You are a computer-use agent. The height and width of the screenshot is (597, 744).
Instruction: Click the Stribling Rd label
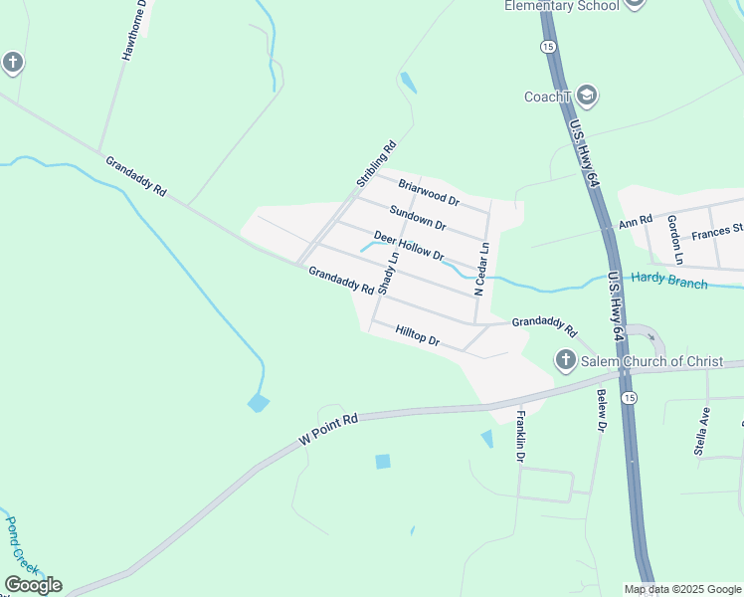point(376,165)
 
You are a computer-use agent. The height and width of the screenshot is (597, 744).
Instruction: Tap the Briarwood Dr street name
point(428,191)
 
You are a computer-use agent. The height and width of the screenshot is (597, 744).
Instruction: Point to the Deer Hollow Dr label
point(408,246)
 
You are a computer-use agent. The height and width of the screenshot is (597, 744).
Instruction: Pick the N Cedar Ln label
point(481,269)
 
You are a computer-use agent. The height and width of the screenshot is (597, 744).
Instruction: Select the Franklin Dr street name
point(519,437)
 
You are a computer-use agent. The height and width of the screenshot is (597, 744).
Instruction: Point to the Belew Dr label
point(601,411)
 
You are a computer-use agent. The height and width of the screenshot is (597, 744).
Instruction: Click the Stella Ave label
point(702,430)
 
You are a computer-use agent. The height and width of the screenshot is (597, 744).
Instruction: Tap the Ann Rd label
point(636,220)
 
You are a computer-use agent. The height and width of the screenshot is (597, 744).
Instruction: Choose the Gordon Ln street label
point(675,239)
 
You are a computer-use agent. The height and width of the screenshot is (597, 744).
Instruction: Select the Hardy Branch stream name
point(670,282)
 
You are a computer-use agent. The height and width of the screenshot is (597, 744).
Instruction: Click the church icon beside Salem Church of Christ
point(566,360)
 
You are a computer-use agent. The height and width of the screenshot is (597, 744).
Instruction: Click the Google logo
point(33,585)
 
